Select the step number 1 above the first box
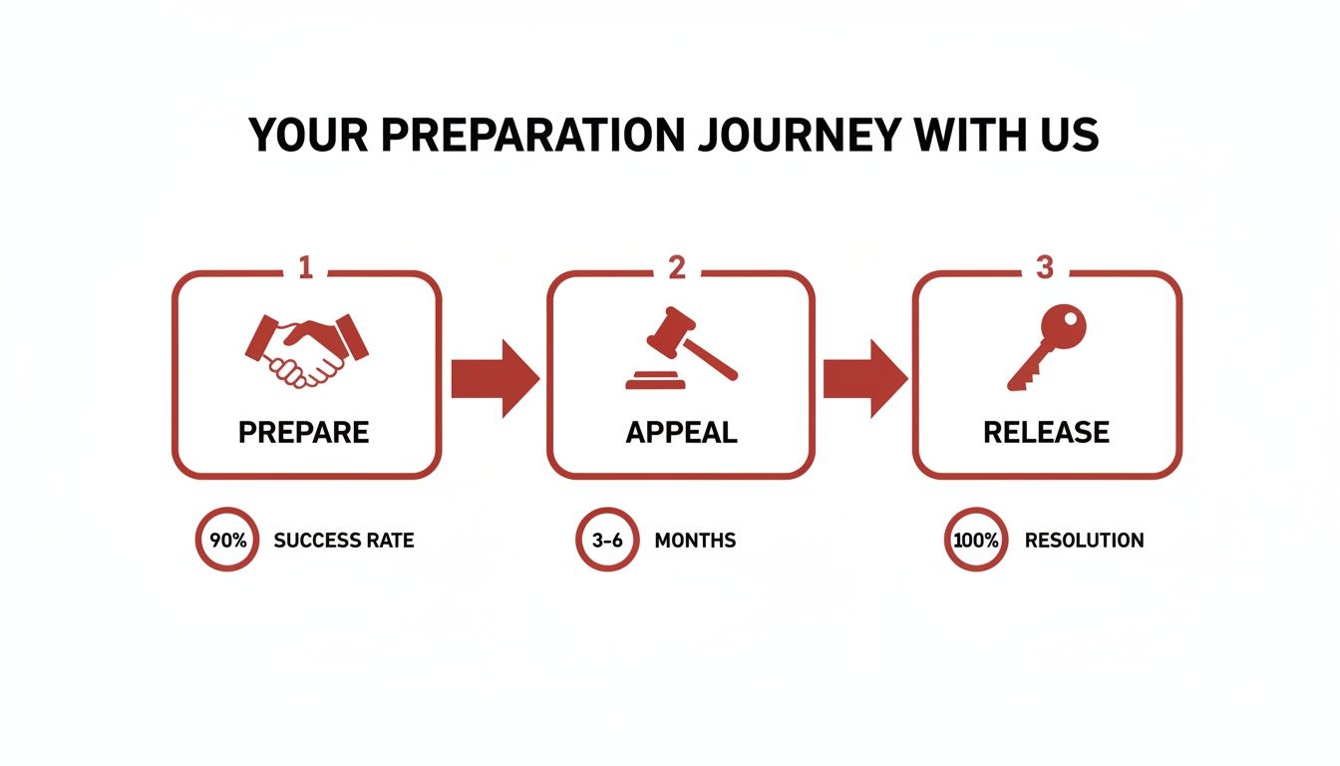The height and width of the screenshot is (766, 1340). [306, 267]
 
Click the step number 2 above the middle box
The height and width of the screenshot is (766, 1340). [677, 267]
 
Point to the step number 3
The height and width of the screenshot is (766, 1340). [1045, 267]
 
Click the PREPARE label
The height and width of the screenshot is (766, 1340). [304, 432]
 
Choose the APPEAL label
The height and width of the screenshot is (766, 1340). [681, 432]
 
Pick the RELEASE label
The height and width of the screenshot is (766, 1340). [1046, 432]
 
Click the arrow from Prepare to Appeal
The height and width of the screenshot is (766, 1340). [495, 379]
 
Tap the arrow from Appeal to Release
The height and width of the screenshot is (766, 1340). [864, 379]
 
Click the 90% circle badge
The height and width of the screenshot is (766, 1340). [226, 541]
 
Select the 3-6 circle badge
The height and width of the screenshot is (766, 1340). [606, 541]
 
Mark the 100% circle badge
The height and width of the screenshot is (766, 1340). [975, 541]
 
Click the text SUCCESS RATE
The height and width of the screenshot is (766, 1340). [344, 541]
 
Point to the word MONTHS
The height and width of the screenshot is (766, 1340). [695, 541]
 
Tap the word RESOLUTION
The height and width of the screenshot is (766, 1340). [1084, 541]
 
